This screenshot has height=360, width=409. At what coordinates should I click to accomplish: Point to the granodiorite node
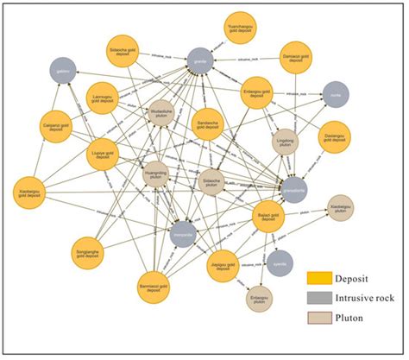click(293, 191)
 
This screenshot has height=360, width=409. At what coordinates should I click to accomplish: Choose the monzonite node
click(183, 234)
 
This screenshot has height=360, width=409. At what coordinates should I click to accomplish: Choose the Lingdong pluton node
click(286, 140)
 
